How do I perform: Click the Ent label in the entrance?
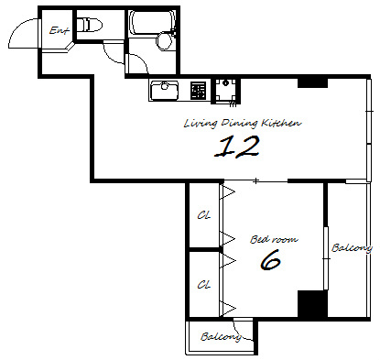point(60,30)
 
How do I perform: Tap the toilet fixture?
point(89,25)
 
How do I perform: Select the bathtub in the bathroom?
point(152,23)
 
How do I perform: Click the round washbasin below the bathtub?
point(165,41)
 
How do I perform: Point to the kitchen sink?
point(165,90)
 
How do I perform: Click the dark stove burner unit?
point(198,91)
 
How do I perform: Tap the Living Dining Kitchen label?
point(243,123)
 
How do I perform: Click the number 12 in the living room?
point(237,147)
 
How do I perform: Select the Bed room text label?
point(274,239)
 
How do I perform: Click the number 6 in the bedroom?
point(270,260)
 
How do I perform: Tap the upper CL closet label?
point(204,215)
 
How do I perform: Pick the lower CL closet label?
point(204,285)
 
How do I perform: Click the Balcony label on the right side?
point(352,247)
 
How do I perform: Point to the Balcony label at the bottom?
point(221,337)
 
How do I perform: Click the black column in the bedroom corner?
point(312,304)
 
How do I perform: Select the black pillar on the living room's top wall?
point(312,83)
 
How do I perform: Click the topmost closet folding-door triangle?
point(228,192)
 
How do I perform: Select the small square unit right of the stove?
point(226,91)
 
